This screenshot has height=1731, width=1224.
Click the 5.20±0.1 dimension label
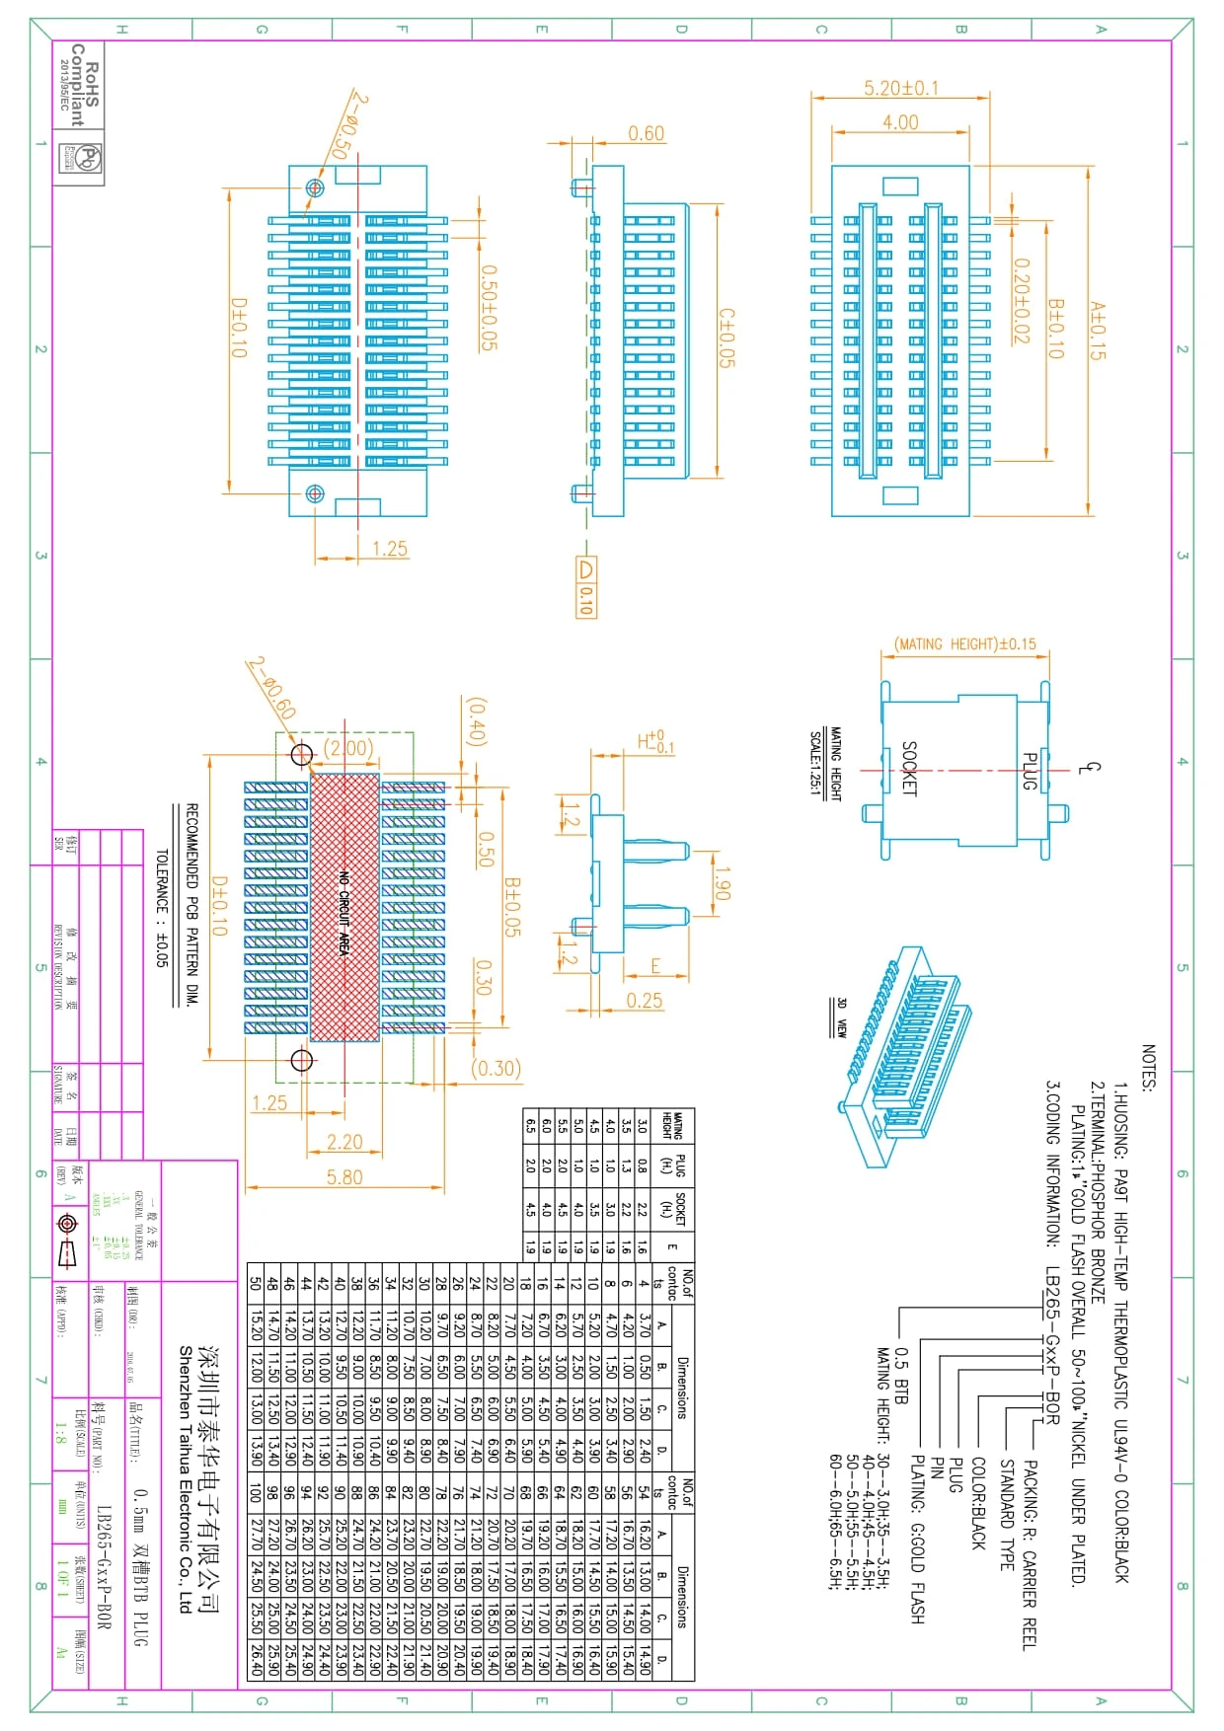click(901, 88)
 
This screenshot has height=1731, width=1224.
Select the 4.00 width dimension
click(900, 122)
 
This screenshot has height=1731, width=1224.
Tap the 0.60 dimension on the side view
click(646, 133)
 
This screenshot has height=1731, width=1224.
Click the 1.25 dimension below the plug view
click(390, 549)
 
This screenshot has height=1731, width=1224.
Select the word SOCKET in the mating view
click(909, 769)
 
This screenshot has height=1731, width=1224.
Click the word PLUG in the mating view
click(1029, 771)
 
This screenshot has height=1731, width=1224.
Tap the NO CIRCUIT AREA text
click(344, 913)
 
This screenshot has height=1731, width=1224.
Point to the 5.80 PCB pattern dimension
click(344, 1176)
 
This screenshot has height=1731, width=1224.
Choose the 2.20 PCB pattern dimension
click(344, 1142)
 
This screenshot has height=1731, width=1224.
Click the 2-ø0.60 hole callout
click(271, 688)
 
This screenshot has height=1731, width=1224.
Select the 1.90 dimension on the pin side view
click(722, 883)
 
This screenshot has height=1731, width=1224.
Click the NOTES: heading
click(1148, 1068)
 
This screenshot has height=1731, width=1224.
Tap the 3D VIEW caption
click(841, 1016)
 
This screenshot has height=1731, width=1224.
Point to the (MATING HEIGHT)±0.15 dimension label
click(964, 643)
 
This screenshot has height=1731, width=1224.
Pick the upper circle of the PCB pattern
click(302, 754)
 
